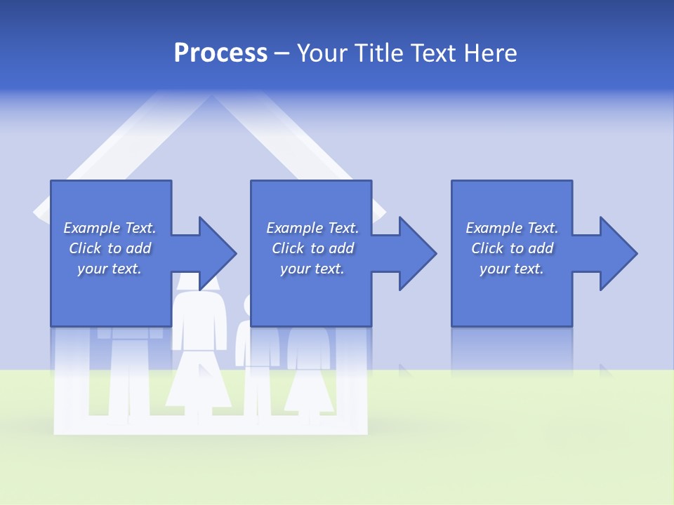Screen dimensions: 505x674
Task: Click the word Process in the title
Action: [x=220, y=53]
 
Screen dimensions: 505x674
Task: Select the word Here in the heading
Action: [x=490, y=53]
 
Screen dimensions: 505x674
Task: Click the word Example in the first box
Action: [x=91, y=228]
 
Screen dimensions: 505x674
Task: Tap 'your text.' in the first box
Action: [x=110, y=269]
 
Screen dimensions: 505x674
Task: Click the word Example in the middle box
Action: [x=294, y=228]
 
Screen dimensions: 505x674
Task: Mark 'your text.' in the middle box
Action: [x=312, y=269]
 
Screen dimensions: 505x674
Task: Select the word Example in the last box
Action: [x=494, y=228]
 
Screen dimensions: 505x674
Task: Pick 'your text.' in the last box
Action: [x=512, y=269]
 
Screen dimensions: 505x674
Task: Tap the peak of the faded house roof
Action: [x=210, y=98]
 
